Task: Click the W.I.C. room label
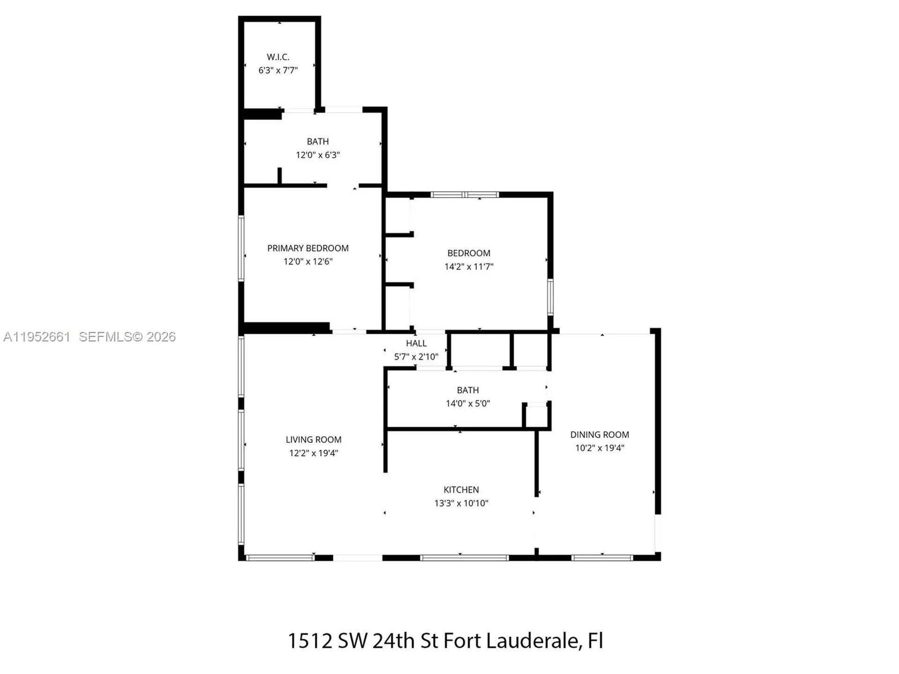(278, 57)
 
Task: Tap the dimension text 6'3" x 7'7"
(278, 71)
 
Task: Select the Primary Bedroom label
(308, 248)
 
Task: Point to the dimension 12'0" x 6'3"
(317, 155)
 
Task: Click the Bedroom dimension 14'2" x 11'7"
(469, 267)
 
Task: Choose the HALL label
(416, 343)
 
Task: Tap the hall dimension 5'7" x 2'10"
(416, 357)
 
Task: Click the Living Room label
(313, 440)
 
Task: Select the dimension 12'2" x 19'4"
(313, 453)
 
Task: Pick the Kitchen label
(461, 490)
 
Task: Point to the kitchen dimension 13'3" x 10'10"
(461, 503)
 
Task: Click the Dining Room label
(599, 434)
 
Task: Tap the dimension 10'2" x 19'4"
(599, 448)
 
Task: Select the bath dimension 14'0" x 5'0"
(467, 403)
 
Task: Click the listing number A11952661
(37, 337)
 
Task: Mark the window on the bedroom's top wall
(464, 195)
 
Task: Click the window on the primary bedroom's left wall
(241, 248)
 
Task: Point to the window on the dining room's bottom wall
(602, 557)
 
